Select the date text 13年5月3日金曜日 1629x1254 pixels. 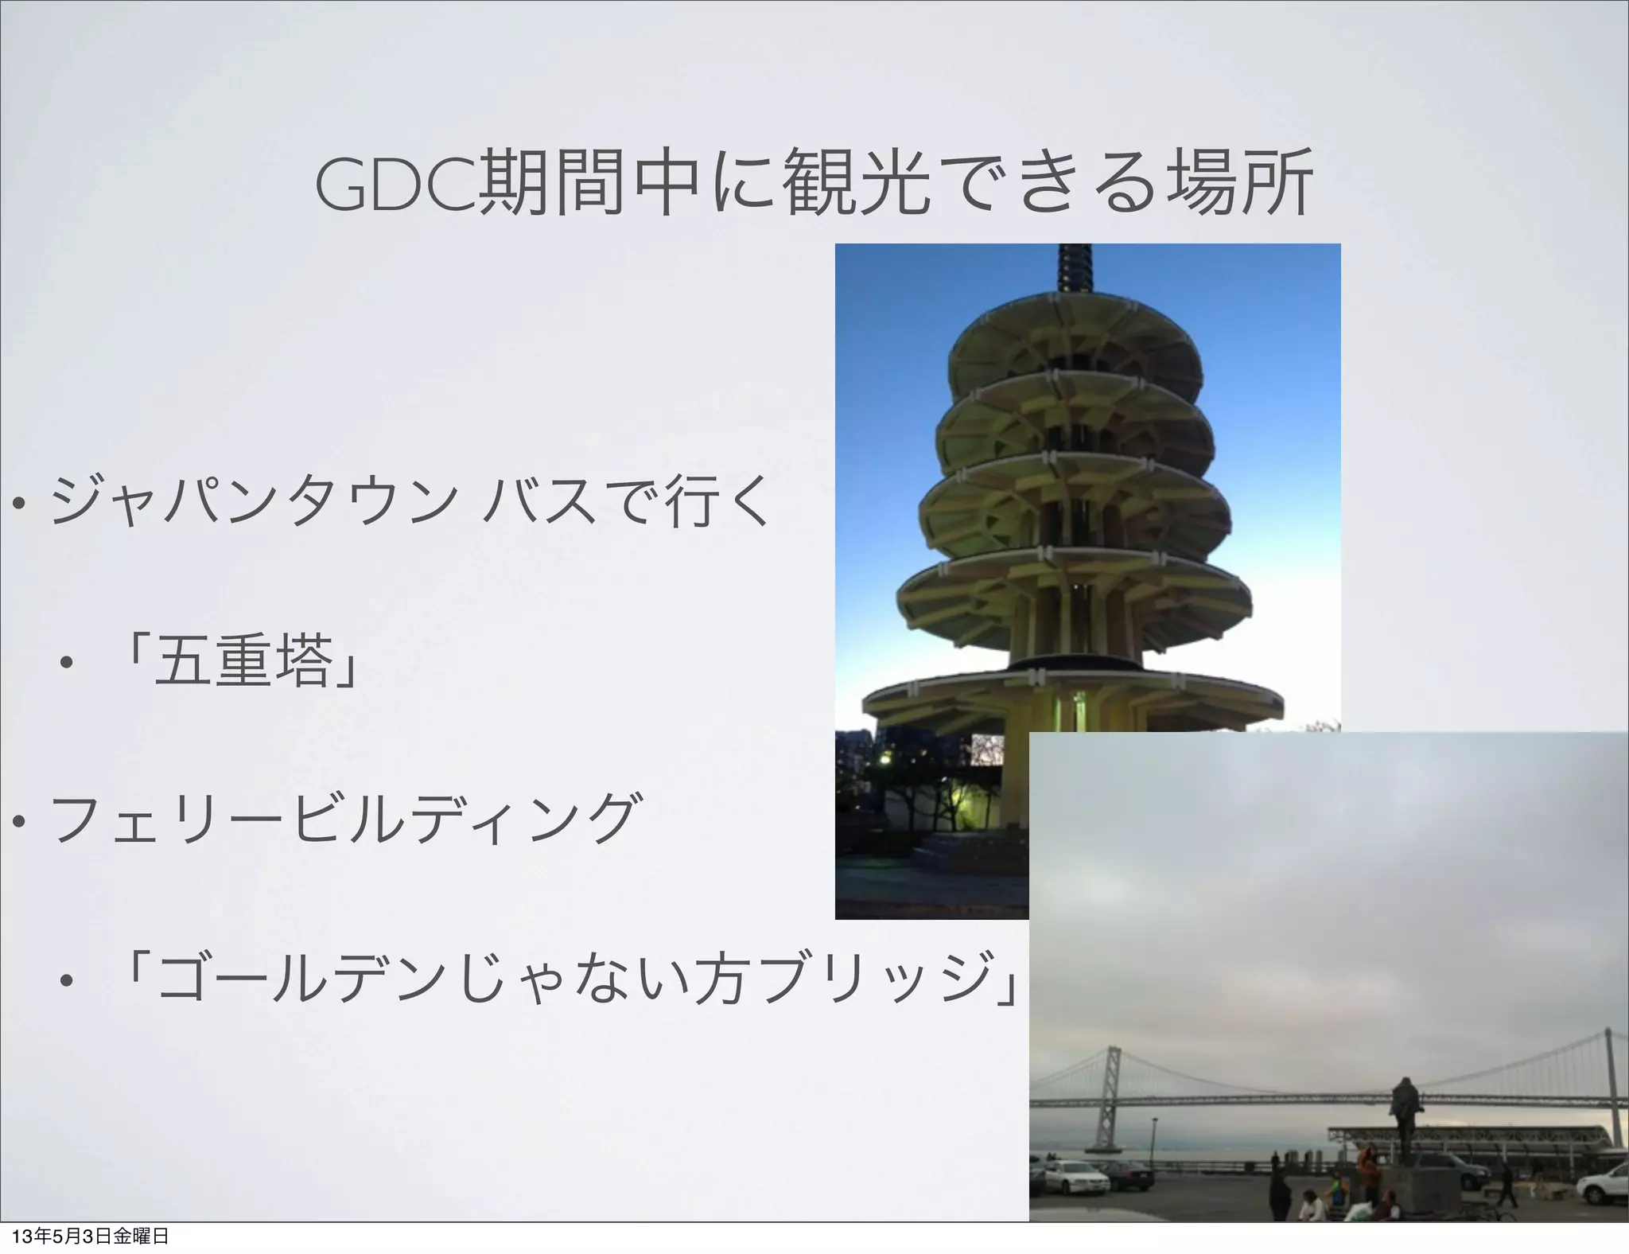click(87, 1237)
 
